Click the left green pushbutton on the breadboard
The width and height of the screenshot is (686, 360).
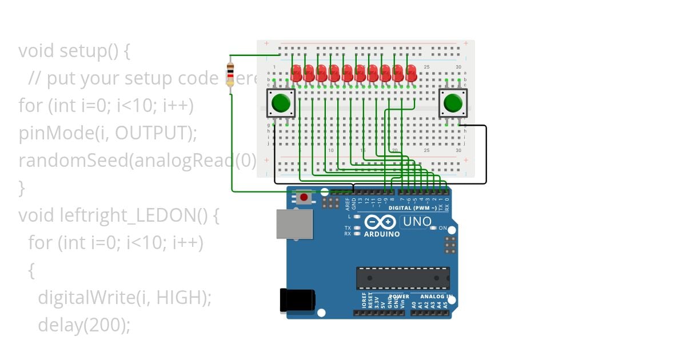tap(281, 103)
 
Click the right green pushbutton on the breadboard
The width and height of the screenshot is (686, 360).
tap(453, 103)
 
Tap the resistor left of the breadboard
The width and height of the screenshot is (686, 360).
tap(230, 74)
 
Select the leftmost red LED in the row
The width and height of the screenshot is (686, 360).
tap(297, 73)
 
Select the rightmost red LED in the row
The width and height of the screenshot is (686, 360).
tap(411, 73)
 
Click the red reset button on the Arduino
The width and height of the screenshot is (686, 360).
tap(304, 198)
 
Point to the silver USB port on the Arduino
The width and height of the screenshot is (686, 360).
tap(294, 223)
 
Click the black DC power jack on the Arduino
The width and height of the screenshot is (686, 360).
tap(297, 301)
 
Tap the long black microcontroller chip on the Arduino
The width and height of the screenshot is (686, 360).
tap(403, 278)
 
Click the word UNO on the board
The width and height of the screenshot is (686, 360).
tap(417, 222)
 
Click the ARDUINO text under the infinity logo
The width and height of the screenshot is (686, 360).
tap(382, 234)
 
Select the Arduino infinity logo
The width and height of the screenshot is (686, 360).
tap(380, 222)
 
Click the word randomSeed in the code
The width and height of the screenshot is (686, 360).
tap(73, 161)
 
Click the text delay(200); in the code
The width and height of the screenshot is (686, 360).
tap(84, 325)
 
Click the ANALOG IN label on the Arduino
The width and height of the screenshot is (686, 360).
tap(436, 297)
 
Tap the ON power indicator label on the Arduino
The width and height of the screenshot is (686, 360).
tap(442, 228)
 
